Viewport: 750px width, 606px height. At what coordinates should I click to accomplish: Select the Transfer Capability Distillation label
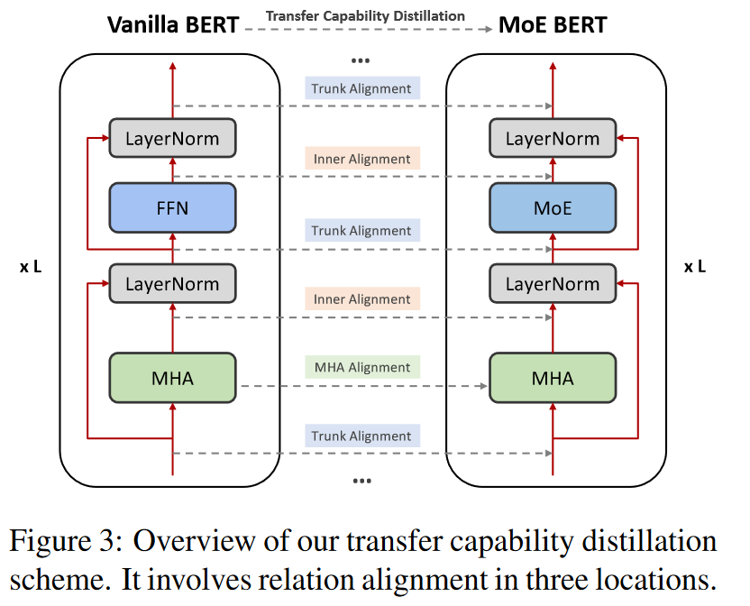click(x=365, y=15)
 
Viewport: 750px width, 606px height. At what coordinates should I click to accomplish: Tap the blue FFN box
click(x=171, y=207)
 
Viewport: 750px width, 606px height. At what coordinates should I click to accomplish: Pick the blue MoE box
click(x=553, y=207)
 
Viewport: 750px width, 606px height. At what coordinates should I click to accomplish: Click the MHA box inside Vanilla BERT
click(x=171, y=377)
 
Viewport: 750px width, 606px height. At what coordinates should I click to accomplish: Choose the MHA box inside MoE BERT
click(x=553, y=377)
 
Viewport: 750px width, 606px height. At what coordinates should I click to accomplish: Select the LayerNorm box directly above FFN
click(x=171, y=139)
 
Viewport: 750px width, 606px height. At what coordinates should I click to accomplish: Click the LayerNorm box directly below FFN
click(x=171, y=283)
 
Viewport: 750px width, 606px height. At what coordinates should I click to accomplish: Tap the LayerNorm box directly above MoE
click(x=553, y=139)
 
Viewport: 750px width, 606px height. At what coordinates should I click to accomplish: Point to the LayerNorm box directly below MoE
click(x=553, y=283)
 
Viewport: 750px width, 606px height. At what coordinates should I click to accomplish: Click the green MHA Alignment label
click(x=361, y=367)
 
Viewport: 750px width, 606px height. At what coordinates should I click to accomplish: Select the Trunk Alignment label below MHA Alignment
click(x=361, y=436)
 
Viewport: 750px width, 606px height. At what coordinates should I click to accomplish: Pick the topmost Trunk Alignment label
click(x=361, y=88)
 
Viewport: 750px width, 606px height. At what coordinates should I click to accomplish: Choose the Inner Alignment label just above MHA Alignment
click(x=361, y=298)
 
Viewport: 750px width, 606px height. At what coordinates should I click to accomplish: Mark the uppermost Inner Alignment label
click(x=361, y=159)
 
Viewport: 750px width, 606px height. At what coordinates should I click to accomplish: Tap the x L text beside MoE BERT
click(x=695, y=266)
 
